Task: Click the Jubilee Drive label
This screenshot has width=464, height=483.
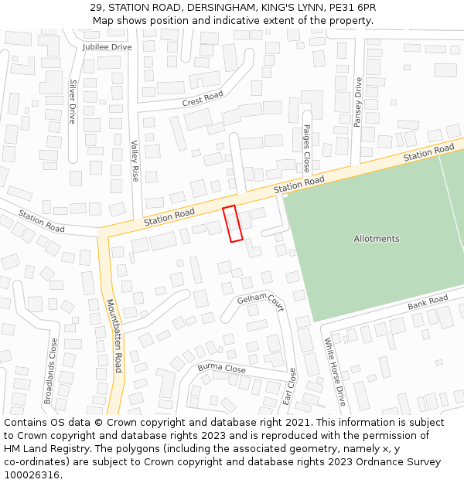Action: (107, 47)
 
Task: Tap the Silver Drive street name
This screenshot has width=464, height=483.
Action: (73, 101)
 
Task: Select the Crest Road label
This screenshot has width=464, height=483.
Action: (203, 99)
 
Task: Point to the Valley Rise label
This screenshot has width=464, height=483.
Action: (135, 161)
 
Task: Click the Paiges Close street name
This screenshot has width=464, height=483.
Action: (306, 148)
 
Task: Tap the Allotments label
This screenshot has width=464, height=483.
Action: (377, 239)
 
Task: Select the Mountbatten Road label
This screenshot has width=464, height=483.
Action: (114, 335)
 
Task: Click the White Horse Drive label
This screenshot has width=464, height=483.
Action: (335, 371)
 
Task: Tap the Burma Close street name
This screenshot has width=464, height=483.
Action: (221, 368)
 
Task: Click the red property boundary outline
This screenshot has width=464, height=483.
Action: (233, 224)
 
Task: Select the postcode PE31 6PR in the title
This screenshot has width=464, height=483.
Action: (352, 7)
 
